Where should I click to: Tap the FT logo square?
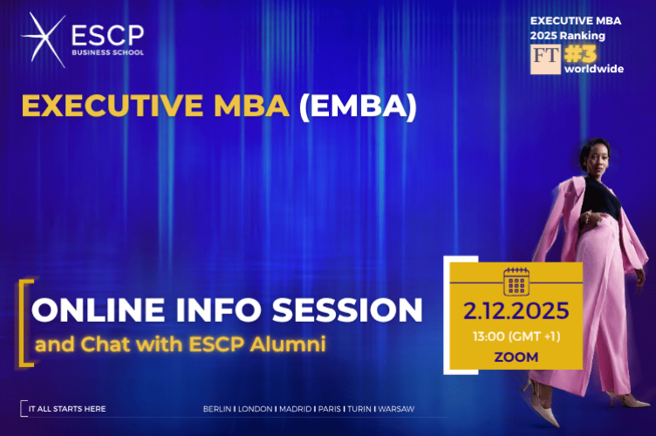point(544,58)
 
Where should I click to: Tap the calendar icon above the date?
point(517,282)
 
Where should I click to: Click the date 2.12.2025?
point(516,311)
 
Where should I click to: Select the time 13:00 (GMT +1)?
point(516,337)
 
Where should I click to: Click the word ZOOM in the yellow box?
point(516,357)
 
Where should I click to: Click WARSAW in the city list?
point(398,408)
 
